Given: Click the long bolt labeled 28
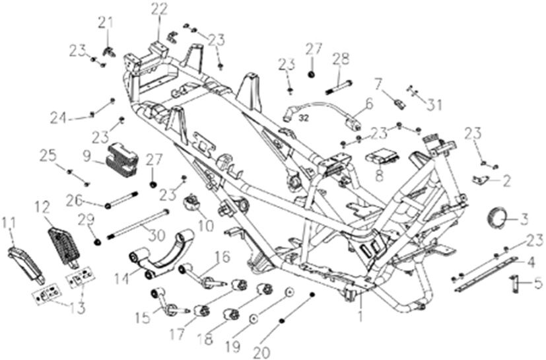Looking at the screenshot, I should tap(339, 84).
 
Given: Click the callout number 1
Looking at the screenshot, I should tap(361, 316).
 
